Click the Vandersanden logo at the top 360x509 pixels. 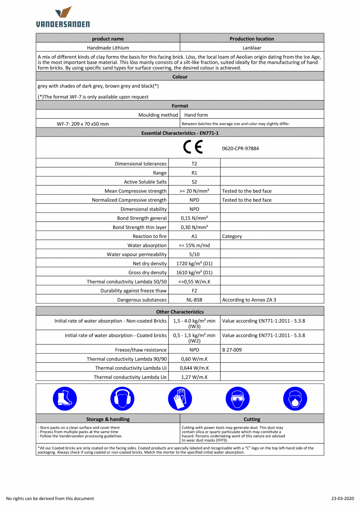(x=63, y=17)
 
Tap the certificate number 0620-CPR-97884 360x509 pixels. (x=240, y=149)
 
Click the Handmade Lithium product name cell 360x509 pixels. (x=108, y=48)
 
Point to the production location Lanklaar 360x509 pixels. (x=252, y=48)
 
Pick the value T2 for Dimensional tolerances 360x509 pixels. (x=194, y=164)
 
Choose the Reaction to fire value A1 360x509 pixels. (x=194, y=236)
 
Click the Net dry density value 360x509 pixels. (x=194, y=264)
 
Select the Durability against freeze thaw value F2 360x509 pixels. (x=194, y=291)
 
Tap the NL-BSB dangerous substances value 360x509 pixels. (x=194, y=300)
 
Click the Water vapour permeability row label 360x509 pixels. (x=137, y=255)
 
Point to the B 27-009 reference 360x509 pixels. (x=232, y=350)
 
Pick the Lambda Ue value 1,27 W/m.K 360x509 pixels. (x=194, y=377)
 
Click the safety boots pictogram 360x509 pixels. (x=65, y=398)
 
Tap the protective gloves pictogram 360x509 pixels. (x=180, y=398)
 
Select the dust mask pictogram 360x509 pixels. (x=295, y=398)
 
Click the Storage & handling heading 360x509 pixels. (x=108, y=419)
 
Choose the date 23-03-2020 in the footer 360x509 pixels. (x=342, y=498)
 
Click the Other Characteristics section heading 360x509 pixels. (x=180, y=312)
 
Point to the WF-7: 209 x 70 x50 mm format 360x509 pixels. (x=83, y=124)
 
